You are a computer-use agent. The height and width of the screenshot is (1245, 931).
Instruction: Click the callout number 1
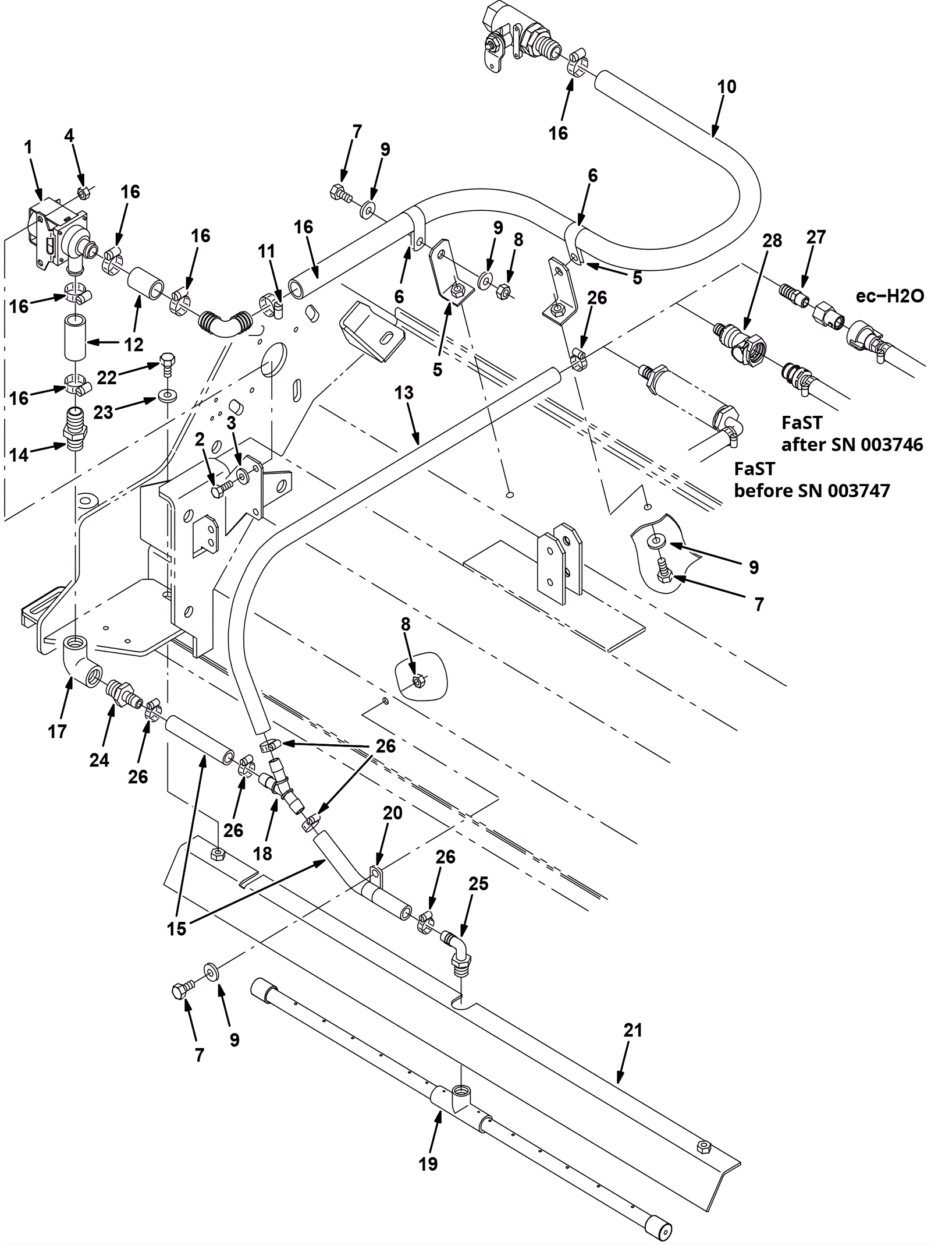click(x=29, y=148)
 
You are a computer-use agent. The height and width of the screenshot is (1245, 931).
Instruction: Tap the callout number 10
click(x=726, y=87)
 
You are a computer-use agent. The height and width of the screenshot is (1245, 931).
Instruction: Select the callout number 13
click(x=404, y=392)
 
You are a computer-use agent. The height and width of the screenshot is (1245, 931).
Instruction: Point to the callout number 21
click(x=632, y=1030)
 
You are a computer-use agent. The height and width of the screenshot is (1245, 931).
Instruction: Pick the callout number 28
click(x=772, y=240)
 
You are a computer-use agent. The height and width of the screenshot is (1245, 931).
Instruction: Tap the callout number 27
click(x=816, y=237)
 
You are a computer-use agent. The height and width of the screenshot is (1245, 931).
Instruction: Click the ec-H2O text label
click(x=890, y=296)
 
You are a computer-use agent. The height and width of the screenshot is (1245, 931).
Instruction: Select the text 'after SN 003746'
click(x=852, y=444)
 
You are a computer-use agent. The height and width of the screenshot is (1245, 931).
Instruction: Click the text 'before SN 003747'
click(x=812, y=490)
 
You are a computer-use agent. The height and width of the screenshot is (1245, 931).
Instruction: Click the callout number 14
click(x=19, y=454)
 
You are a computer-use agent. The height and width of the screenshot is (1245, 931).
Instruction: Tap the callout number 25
click(x=478, y=883)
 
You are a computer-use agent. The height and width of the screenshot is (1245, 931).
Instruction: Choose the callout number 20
click(x=393, y=813)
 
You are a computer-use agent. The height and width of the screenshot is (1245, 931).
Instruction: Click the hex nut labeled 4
click(x=83, y=193)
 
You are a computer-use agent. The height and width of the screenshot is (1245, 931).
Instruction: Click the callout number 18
click(x=262, y=854)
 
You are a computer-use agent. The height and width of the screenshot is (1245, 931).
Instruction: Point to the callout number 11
click(x=266, y=252)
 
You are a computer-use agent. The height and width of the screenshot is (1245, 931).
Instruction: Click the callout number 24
click(x=99, y=760)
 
